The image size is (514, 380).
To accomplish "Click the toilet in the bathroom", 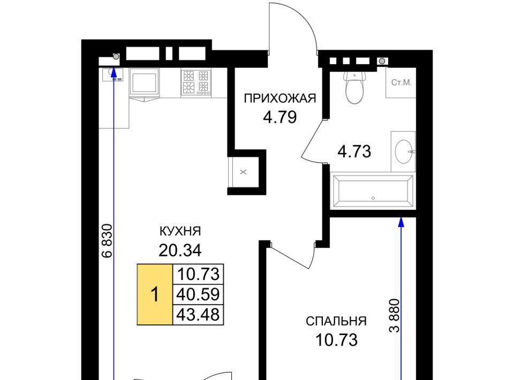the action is click(x=354, y=87).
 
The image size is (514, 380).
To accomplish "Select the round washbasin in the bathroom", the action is click(x=404, y=151).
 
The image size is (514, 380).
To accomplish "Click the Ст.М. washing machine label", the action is click(x=401, y=82).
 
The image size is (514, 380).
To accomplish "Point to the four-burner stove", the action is click(x=196, y=82).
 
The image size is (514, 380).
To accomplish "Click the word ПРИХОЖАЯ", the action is click(x=280, y=98).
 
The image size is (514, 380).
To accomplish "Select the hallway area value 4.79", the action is click(x=280, y=117).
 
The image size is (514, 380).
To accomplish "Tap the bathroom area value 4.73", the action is click(x=354, y=151).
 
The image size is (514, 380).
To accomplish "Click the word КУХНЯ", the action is click(x=180, y=231).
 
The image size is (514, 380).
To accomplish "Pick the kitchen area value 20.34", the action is click(x=180, y=251).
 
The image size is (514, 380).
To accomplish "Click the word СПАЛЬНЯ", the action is click(x=336, y=321).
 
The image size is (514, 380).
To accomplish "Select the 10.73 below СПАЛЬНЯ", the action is click(x=336, y=340).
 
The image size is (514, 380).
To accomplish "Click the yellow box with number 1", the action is click(x=155, y=294).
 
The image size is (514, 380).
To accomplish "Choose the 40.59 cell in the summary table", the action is click(x=198, y=294).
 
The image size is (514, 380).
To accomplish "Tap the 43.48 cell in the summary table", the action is click(x=198, y=315).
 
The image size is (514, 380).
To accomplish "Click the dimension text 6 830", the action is click(x=107, y=241).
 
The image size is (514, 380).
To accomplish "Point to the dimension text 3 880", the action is click(x=395, y=315).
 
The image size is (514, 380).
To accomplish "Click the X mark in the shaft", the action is click(x=243, y=172).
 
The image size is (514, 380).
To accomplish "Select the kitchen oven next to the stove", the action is click(x=144, y=83).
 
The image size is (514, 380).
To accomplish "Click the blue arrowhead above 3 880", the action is click(x=401, y=222).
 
